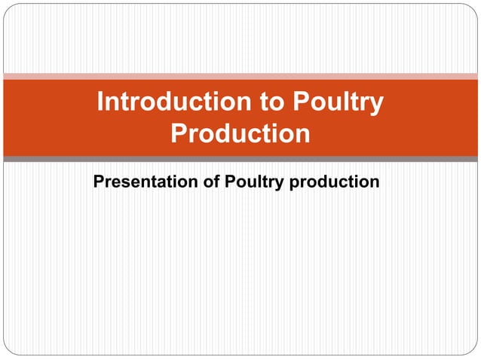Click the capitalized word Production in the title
240,134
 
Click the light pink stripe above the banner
240,75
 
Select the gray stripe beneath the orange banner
240,160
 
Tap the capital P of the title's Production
179,134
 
